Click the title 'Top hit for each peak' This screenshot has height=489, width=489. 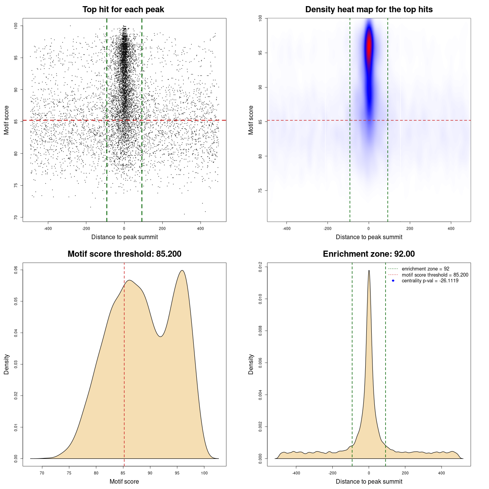(x=123, y=10)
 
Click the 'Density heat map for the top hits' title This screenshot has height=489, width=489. (x=369, y=10)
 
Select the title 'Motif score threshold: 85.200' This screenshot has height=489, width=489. (x=124, y=254)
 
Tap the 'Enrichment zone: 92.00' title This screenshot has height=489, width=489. (x=369, y=254)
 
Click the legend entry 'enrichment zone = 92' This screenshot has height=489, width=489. (x=425, y=269)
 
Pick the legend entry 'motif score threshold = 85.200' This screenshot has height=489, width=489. (x=435, y=275)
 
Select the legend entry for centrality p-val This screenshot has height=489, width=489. (x=430, y=281)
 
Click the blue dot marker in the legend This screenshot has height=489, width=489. (x=393, y=281)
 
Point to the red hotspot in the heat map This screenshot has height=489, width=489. (x=369, y=46)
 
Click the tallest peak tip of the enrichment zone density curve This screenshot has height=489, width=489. (x=369, y=270)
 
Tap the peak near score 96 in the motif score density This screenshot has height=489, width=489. (x=182, y=270)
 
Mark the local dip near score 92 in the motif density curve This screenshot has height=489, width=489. (x=161, y=336)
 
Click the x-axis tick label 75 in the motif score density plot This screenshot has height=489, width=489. (x=69, y=473)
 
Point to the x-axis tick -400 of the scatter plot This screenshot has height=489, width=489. (x=48, y=228)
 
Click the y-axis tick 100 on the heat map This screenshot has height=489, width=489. (x=260, y=18)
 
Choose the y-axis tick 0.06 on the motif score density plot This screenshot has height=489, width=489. (x=16, y=270)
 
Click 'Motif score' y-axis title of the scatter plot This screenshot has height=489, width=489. (x=6, y=120)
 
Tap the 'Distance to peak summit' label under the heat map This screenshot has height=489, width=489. (x=369, y=237)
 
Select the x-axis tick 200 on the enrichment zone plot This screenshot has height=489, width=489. (x=405, y=473)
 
